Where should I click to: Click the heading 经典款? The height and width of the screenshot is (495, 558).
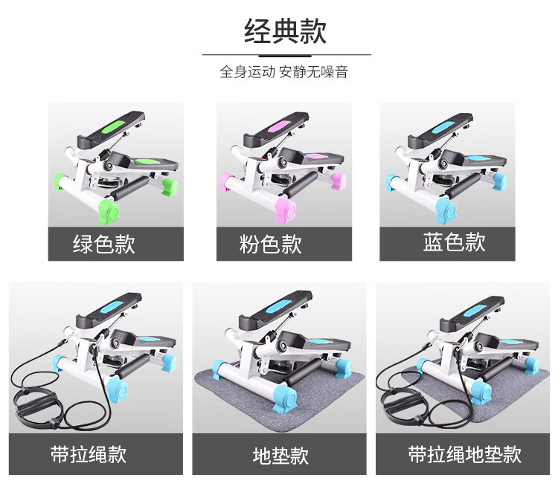click(x=285, y=31)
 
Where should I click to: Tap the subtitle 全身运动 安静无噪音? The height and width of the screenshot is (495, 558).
click(x=283, y=72)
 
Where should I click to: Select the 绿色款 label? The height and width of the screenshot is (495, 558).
click(x=104, y=244)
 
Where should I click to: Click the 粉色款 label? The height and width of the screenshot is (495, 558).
click(x=271, y=244)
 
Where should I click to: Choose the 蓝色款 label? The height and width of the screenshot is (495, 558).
click(x=454, y=242)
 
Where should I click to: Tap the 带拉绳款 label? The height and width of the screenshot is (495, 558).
click(x=89, y=454)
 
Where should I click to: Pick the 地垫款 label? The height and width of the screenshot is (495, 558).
click(x=280, y=456)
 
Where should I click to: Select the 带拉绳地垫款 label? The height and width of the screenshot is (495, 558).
click(x=464, y=454)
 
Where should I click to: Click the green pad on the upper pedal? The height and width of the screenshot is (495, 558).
click(x=114, y=126)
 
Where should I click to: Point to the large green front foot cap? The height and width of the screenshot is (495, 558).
click(x=109, y=211)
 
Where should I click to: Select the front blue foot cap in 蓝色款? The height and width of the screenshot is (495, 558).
click(x=447, y=210)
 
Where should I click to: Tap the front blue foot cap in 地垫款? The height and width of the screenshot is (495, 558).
click(x=285, y=399)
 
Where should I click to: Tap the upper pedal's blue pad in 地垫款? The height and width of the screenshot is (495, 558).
click(x=279, y=305)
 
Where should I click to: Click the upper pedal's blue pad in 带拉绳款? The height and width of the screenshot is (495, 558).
click(x=112, y=307)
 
